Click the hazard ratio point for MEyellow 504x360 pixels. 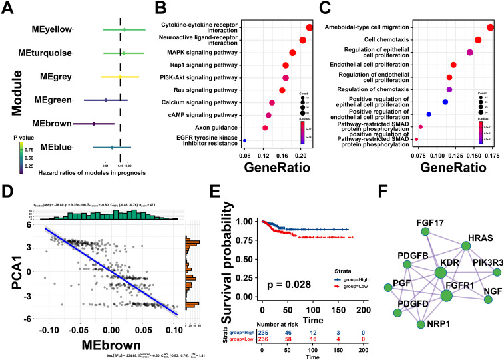point(124,29)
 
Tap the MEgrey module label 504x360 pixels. point(55,77)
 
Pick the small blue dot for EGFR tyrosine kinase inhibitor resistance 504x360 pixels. point(245,140)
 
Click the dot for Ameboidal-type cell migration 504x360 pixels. point(491,27)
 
